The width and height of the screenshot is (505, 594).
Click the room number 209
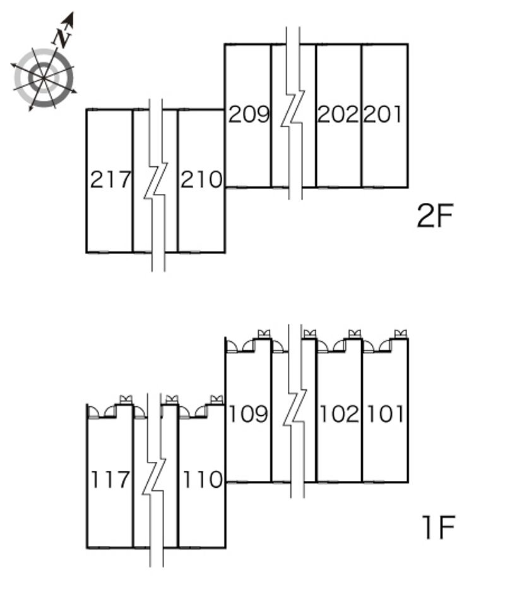[x=249, y=114]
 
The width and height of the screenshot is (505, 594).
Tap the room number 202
[x=338, y=114]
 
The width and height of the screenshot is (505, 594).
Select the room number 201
[x=383, y=114]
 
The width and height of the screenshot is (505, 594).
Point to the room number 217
[x=110, y=179]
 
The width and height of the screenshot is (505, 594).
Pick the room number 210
[x=201, y=179]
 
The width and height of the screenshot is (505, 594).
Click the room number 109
[x=248, y=413]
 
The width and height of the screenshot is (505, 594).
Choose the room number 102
[x=339, y=413]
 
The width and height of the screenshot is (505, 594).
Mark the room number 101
[x=385, y=413]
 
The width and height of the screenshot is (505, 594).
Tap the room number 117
[x=110, y=479]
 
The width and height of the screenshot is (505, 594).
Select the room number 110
[x=203, y=479]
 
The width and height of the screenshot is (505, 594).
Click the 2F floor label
[x=435, y=215]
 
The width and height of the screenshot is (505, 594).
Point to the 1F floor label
[x=438, y=527]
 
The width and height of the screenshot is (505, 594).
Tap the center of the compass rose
[x=44, y=78]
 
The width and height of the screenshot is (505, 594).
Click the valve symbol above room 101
[x=400, y=334]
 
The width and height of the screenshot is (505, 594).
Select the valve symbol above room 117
[x=126, y=399]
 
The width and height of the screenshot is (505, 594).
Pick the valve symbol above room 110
[x=217, y=399]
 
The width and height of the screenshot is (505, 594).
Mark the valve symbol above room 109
[x=264, y=334]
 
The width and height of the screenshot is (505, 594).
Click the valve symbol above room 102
[x=355, y=334]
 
